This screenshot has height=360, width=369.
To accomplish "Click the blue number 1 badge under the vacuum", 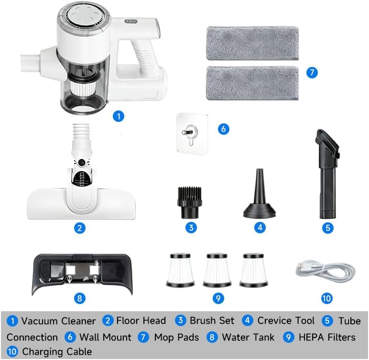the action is pyautogui.click(x=119, y=116).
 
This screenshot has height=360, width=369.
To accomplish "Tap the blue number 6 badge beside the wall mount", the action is pyautogui.click(x=223, y=129).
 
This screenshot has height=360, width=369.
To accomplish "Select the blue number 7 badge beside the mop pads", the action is pyautogui.click(x=312, y=72).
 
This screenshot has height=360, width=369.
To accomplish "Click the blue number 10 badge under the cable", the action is pyautogui.click(x=326, y=298).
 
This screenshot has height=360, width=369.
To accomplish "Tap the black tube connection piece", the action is pyautogui.click(x=327, y=173).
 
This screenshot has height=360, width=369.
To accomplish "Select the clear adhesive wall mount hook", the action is pyautogui.click(x=192, y=133).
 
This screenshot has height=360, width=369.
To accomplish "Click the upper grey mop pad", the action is pyautogui.click(x=252, y=44).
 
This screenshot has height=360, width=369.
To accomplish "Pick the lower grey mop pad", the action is pyautogui.click(x=252, y=83).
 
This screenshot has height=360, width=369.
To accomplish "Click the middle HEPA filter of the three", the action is pyautogui.click(x=217, y=270).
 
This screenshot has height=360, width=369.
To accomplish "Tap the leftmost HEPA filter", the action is pyautogui.click(x=180, y=270).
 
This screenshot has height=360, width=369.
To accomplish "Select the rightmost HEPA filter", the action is pyautogui.click(x=253, y=270).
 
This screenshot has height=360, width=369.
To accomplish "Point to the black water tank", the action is pyautogui.click(x=82, y=273).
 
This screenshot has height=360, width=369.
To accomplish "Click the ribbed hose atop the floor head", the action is pyautogui.click(x=81, y=132).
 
